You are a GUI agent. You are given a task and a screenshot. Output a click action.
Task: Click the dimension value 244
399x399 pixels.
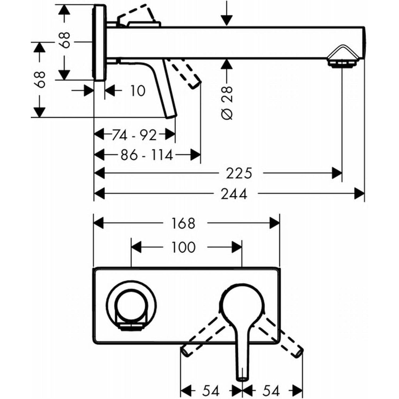(234, 194)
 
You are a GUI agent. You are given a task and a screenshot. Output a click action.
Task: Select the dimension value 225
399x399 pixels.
(239, 174)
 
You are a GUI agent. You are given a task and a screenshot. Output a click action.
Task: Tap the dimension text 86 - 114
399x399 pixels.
(147, 155)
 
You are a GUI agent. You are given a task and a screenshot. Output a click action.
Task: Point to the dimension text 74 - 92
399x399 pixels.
(134, 135)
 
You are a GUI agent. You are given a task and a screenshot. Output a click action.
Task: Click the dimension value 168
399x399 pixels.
(183, 223)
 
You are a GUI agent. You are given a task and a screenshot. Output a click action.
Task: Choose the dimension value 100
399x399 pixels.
(183, 247)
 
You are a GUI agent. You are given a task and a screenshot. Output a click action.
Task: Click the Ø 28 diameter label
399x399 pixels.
(227, 102)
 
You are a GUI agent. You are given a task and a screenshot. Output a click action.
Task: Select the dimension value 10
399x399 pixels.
(138, 91)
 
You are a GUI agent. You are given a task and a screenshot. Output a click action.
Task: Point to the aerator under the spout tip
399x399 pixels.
(342, 64)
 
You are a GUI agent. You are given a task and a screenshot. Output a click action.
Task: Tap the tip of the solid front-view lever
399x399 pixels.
(242, 378)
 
